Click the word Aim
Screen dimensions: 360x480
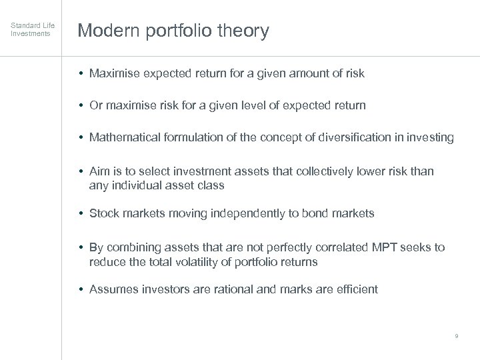[99, 171]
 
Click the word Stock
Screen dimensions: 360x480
[104, 213]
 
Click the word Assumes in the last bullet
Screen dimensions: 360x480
[113, 289]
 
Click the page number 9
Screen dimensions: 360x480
[456, 336]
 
